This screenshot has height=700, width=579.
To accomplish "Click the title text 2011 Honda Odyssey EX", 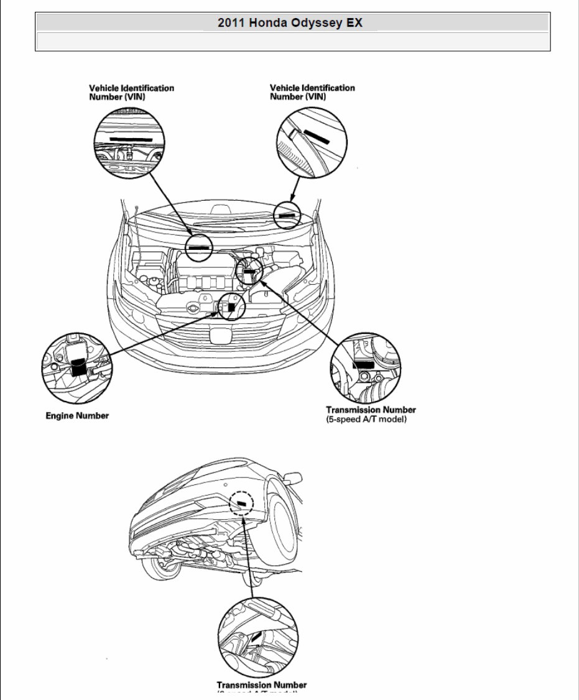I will point(290,23).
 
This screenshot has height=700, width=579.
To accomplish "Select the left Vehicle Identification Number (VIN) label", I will point(131,93).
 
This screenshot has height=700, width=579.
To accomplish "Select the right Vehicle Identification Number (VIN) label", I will point(312,93).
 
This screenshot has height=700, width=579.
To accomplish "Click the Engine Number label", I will point(77,415).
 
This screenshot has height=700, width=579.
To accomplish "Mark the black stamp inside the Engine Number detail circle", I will point(79,367).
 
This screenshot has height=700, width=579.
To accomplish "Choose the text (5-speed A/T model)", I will point(366,420).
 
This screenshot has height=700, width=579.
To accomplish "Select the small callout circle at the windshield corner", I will point(287,214).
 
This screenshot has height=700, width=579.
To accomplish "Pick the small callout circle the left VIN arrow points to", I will point(199,247).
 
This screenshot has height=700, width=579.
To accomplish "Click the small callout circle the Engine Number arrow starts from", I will point(231,306).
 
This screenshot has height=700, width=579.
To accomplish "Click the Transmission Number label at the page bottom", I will point(261,685).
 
